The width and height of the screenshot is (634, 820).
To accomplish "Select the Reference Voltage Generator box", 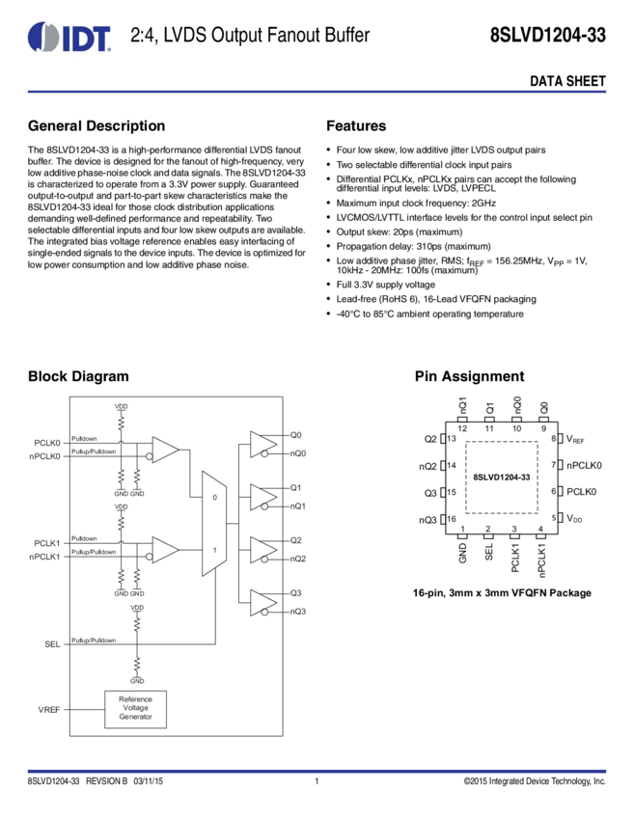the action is pos(135,709).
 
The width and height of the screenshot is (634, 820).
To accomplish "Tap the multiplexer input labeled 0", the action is pos(213,498).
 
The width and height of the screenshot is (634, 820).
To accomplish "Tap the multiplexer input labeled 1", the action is pos(213,548).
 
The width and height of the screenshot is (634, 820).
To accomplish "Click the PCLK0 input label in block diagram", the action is pos(48,443).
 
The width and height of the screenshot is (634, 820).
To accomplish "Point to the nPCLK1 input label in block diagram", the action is pos(46,557).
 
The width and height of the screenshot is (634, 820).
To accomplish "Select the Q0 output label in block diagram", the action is pos(295,435).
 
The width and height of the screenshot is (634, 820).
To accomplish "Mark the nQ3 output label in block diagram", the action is pos(297,612).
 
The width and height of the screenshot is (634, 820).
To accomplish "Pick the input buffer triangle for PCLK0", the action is pos(165,450).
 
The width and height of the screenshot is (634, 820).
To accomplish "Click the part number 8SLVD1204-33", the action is pos(502,477).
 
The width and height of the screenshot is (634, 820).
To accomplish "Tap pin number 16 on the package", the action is pos(451,519).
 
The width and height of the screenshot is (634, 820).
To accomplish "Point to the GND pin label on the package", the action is pos(463,553).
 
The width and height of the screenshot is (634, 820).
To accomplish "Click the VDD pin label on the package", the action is pos(575,519).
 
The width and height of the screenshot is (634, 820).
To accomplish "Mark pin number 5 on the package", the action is pos(555,519).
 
